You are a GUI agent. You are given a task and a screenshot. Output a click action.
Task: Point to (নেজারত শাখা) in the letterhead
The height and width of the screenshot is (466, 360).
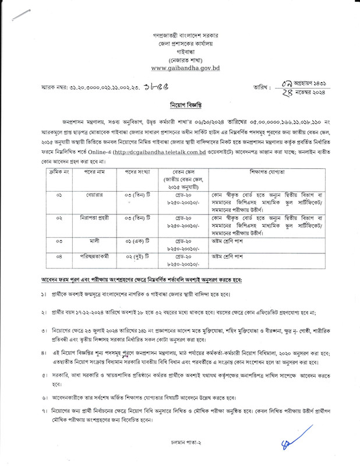tap(179, 61)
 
